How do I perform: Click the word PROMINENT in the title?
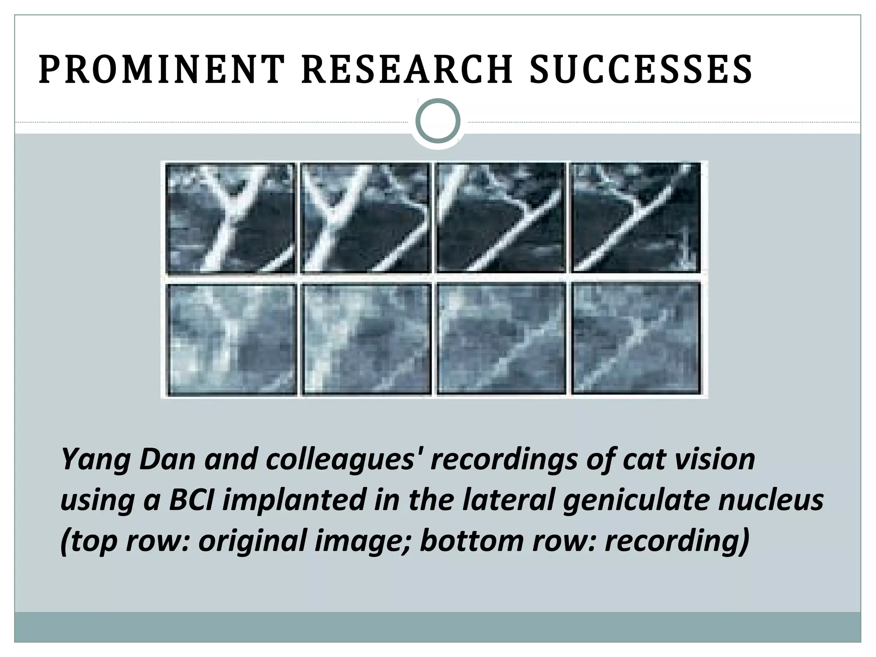click(x=162, y=69)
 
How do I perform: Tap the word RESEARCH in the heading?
click(x=407, y=69)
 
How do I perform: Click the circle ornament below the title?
click(x=438, y=121)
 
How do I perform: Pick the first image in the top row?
click(x=231, y=218)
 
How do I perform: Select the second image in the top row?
click(x=366, y=218)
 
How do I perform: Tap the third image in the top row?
click(x=500, y=218)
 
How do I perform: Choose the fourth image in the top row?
click(x=636, y=218)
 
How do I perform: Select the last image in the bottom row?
click(x=636, y=339)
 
